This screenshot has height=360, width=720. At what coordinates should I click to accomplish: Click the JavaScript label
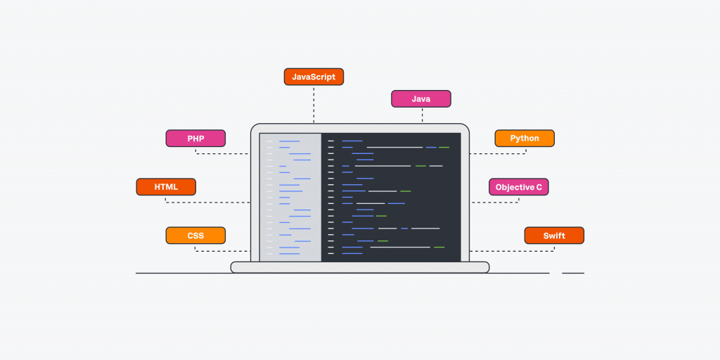(314, 77)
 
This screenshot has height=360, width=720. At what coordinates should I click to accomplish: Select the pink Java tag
(420, 98)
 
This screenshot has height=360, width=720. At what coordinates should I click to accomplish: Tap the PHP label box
(195, 139)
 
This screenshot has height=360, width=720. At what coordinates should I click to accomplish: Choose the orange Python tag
(525, 139)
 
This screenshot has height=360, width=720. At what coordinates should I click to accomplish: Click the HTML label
(166, 187)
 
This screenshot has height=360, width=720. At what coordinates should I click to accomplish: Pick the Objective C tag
(519, 187)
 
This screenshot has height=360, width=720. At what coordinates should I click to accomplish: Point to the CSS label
(195, 236)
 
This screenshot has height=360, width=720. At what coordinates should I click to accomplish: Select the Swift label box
(554, 236)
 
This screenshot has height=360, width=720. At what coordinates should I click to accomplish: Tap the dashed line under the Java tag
(422, 115)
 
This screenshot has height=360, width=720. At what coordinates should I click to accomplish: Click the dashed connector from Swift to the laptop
(513, 251)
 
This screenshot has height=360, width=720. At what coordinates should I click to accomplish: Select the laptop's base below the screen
(360, 267)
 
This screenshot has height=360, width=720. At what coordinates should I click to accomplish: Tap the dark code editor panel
(391, 197)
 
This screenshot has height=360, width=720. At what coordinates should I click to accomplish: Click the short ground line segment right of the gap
(573, 273)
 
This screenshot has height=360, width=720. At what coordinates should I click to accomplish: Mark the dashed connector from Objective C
(496, 202)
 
